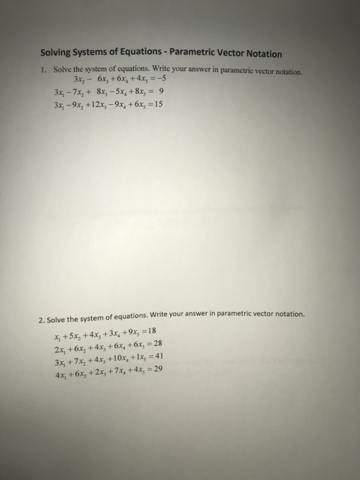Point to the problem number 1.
(42, 71)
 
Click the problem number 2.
(41, 319)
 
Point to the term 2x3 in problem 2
(95, 370)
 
